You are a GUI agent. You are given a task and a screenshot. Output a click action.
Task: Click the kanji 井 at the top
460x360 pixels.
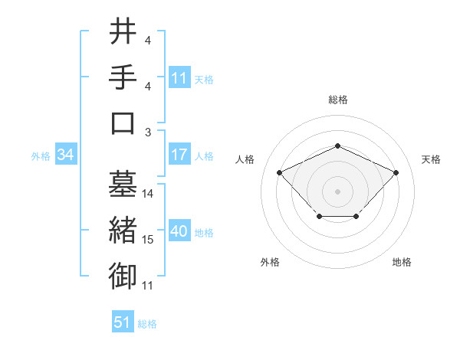123,31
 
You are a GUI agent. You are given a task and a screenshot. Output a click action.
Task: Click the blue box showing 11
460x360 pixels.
179,77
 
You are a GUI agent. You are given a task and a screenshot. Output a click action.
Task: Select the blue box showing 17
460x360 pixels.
179,155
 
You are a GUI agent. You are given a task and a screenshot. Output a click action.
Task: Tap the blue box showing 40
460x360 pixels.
179,232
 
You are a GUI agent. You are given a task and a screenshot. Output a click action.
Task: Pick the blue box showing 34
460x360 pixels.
65,155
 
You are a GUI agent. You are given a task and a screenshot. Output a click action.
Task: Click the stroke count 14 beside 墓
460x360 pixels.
148,194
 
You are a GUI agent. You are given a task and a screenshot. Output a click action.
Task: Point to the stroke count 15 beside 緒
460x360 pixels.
148,240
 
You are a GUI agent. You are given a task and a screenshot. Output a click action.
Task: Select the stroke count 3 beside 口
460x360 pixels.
148,133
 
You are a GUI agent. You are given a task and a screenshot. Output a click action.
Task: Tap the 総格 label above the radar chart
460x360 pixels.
337,100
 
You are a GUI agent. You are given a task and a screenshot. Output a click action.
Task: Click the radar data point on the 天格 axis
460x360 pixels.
396,172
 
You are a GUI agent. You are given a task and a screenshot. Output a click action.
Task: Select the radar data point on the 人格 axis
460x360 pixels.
279,172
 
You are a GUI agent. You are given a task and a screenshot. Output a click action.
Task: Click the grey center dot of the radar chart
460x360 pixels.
337,191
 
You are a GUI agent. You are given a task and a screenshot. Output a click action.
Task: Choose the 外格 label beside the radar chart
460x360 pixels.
270,262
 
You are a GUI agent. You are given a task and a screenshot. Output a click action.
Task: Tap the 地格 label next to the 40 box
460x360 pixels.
205,233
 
